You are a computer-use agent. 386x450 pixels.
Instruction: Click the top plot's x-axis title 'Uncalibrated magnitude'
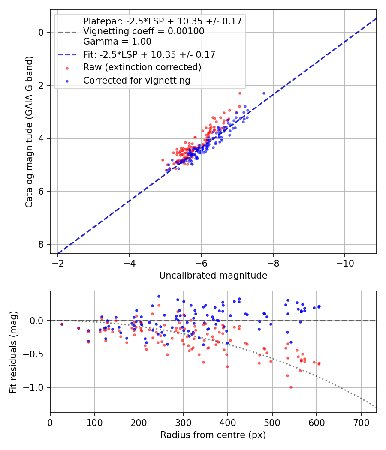click(x=213, y=276)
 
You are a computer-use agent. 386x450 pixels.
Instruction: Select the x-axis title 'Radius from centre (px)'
click(x=213, y=435)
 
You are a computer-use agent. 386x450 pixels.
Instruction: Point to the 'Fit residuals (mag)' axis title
click(x=13, y=351)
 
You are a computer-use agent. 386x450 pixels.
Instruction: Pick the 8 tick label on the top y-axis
click(x=41, y=244)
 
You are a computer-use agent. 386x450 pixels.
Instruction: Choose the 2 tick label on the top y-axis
click(x=41, y=85)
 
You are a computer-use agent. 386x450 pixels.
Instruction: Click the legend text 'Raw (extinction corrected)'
click(x=142, y=67)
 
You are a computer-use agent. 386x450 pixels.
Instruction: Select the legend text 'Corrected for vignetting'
click(x=137, y=80)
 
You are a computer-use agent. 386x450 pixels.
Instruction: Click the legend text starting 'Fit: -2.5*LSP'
click(x=149, y=54)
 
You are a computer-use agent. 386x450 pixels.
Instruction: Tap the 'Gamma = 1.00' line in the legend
click(x=117, y=42)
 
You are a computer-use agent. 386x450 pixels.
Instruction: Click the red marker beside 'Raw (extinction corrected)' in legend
click(x=67, y=68)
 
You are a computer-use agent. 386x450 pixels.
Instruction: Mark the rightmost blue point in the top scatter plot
click(x=264, y=93)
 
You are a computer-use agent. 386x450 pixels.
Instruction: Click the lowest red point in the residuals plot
click(x=291, y=387)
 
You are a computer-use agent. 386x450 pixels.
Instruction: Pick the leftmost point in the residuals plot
click(x=62, y=324)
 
